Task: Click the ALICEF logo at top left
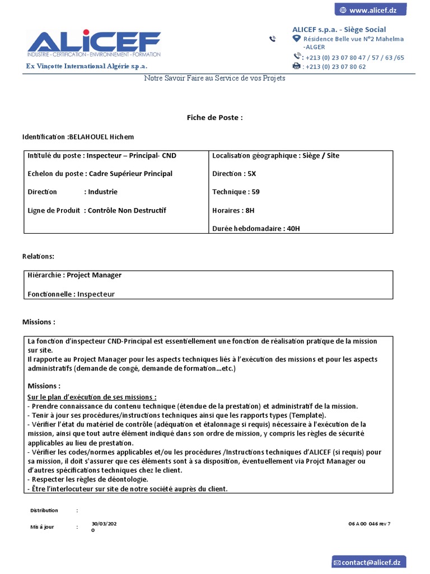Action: tap(94, 44)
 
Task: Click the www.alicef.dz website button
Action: tap(370, 10)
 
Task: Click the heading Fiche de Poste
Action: tap(214, 118)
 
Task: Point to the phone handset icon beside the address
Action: tap(272, 39)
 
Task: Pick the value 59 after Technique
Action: tap(255, 192)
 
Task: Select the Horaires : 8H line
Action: tap(233, 210)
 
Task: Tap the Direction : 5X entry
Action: tap(234, 174)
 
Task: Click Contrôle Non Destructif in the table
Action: tap(127, 210)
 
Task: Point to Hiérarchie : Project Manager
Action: tap(74, 275)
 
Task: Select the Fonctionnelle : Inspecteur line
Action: tap(71, 294)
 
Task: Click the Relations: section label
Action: tap(38, 256)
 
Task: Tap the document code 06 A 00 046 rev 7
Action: tap(369, 524)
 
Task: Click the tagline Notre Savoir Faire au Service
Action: tap(214, 78)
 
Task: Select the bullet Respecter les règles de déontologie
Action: tap(88, 479)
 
